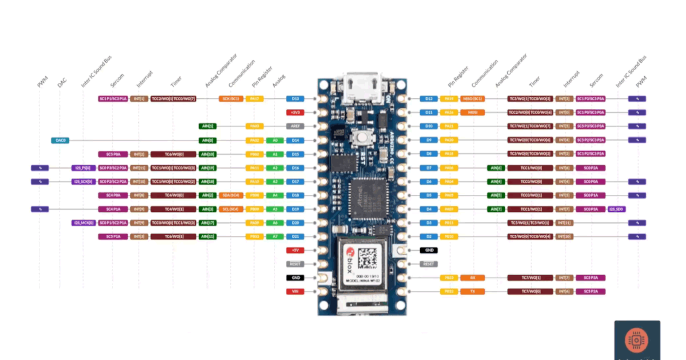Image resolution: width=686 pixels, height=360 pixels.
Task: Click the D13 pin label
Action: pos(296,99)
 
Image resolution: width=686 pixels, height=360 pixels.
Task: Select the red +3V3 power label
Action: pos(296,113)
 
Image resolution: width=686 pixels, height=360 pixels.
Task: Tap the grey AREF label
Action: pos(296,126)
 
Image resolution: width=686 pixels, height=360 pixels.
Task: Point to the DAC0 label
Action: pos(60,140)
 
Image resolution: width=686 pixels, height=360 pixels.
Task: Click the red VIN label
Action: pos(296,291)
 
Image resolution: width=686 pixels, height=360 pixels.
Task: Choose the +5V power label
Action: pos(296,250)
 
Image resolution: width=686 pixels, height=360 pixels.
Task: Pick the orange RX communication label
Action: pos(473,278)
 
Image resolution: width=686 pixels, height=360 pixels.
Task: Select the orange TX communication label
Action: pos(473,291)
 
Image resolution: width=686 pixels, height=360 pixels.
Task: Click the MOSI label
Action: pos(473,113)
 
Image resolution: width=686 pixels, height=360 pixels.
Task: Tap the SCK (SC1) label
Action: pos(232,99)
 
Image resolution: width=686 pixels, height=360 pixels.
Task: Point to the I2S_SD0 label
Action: pos(617,209)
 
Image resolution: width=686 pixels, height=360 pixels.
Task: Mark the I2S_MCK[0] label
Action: pos(83,223)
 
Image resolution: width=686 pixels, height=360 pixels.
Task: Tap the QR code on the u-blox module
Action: pos(368,259)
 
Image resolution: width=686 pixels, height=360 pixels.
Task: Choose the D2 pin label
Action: pos(429,237)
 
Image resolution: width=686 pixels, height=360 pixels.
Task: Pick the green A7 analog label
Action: pos(275,237)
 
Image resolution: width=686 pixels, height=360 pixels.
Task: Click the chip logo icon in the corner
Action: pos(636,341)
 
